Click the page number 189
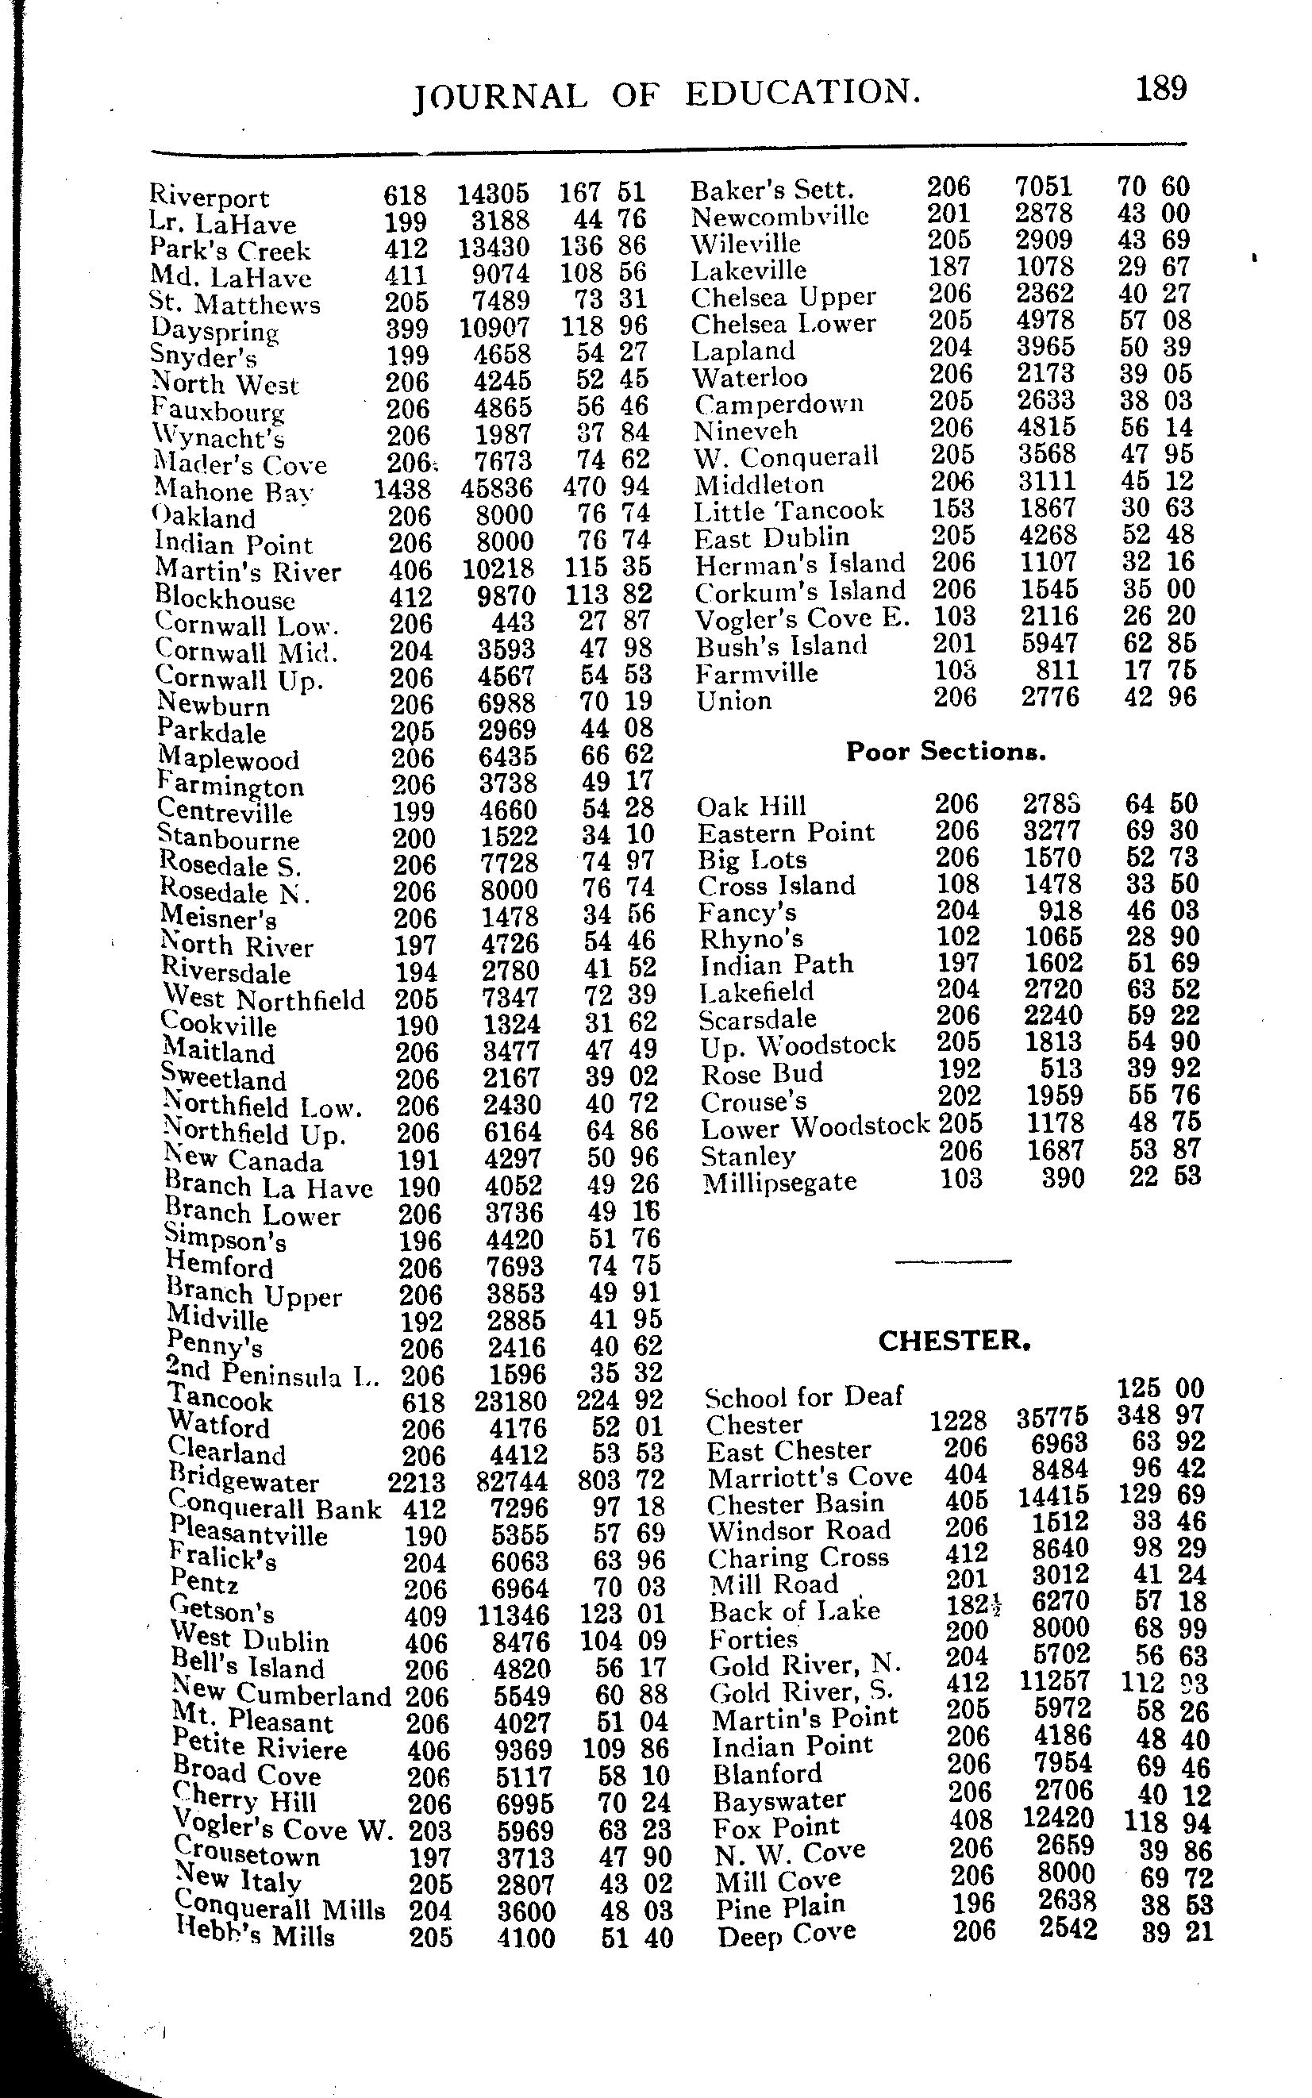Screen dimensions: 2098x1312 click(1161, 88)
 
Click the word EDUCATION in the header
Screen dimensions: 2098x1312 click(802, 93)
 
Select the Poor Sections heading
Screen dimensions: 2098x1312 click(946, 752)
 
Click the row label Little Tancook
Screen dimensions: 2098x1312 click(788, 510)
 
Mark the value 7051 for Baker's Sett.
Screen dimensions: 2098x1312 click(1044, 187)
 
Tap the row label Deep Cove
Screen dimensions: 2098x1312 click(786, 1933)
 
